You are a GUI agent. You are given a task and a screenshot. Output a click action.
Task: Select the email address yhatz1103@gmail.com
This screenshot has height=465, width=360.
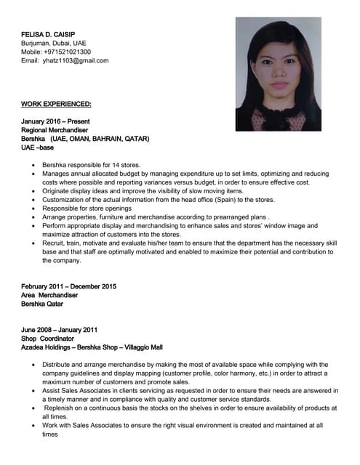point(76,60)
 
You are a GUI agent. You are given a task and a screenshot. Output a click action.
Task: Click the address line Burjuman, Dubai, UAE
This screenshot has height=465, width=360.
point(54,43)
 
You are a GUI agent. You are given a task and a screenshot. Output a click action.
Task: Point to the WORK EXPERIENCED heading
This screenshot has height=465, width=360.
point(57,104)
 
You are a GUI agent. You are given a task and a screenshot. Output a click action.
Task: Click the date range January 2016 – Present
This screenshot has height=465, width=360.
point(60,121)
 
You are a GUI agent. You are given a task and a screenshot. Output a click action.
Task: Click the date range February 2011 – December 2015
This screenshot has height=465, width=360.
point(69,286)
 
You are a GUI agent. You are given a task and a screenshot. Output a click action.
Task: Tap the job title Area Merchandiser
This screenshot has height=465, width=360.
point(50,295)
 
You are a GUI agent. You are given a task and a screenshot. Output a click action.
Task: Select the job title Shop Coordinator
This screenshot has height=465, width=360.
point(48,339)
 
